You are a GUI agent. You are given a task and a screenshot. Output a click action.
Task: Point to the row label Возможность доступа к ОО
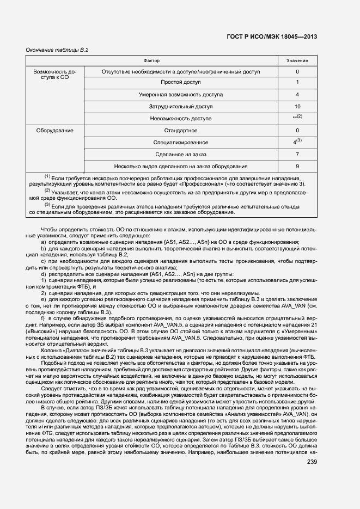click(x=55, y=75)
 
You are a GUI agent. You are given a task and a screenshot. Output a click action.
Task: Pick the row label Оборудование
click(x=55, y=131)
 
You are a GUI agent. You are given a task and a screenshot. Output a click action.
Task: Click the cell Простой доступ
click(x=181, y=82)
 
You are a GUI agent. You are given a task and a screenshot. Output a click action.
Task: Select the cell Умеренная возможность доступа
click(x=181, y=94)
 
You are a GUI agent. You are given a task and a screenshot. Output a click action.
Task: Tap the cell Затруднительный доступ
click(x=181, y=106)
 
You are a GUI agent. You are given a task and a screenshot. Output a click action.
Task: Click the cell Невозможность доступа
click(x=181, y=118)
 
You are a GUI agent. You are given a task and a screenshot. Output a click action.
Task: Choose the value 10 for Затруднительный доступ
click(x=297, y=106)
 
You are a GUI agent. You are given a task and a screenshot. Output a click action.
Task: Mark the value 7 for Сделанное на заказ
click(x=297, y=155)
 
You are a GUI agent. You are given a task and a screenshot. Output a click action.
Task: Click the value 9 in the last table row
click(x=297, y=167)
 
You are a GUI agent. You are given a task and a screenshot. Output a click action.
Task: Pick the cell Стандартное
click(x=181, y=131)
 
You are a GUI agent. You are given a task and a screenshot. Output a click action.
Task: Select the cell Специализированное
click(x=181, y=143)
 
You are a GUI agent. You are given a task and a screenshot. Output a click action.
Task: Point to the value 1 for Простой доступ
click(x=297, y=82)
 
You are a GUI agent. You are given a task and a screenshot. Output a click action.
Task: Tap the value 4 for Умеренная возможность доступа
click(x=297, y=94)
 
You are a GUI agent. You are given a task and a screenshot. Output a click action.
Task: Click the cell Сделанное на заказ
click(x=181, y=155)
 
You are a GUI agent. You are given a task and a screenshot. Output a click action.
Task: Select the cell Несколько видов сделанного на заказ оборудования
click(x=181, y=167)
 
